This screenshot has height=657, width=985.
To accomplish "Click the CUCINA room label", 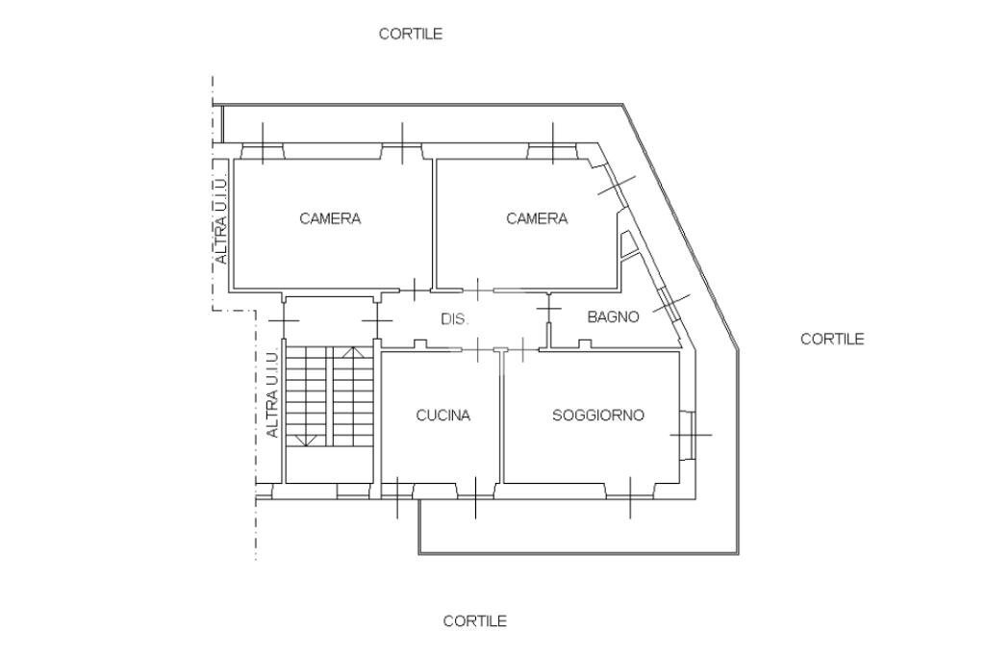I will [442, 416].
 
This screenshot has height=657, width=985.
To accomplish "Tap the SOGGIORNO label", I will [597, 416].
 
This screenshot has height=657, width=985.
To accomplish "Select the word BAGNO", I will [613, 316].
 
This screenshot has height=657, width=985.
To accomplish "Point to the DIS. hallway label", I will [454, 319].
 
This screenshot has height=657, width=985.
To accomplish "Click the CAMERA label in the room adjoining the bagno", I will [537, 218].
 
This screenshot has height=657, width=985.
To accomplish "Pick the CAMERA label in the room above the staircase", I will [330, 218].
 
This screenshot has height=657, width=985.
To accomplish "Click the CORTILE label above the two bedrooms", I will [410, 34].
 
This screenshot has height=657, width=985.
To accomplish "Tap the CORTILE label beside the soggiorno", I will [832, 339].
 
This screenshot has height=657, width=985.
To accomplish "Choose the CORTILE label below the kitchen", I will [474, 621].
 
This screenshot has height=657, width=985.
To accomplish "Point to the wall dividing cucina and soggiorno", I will [501, 418].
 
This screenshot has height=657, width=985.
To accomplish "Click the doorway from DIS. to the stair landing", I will [377, 317].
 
